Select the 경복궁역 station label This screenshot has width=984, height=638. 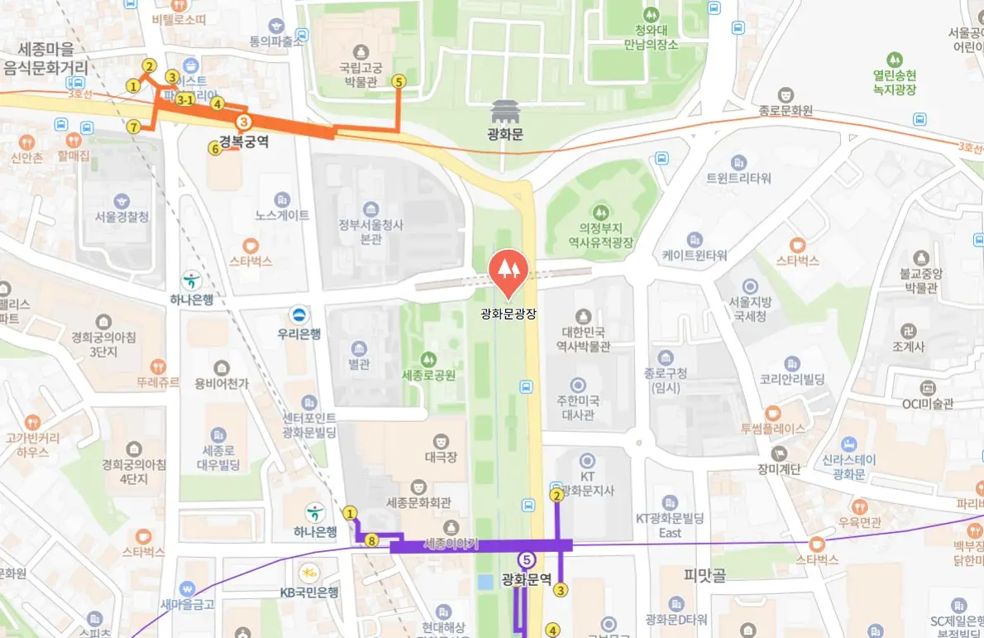coord(244,142)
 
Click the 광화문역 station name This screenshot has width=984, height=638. coord(526,579)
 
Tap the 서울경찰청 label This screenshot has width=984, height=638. coord(122,217)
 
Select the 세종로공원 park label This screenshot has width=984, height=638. coord(428,375)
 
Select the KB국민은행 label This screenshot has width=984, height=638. coord(308,592)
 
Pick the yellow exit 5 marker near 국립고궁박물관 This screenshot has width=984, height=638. coord(399,81)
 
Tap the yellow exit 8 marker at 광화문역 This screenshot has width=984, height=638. coord(372,540)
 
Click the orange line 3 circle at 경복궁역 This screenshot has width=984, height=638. coord(244,122)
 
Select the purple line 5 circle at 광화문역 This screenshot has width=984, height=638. coord(526,559)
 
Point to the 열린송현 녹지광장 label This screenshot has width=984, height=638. coord(894,82)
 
